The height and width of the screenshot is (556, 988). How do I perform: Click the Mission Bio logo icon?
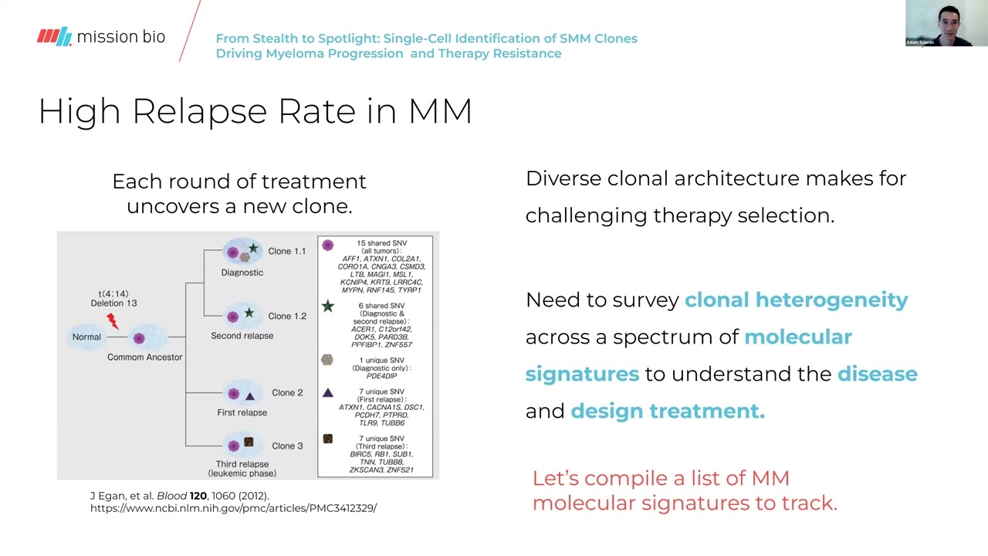click(54, 36)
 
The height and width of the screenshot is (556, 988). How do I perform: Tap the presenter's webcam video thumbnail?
click(946, 24)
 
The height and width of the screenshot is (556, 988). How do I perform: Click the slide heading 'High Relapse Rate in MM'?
click(255, 111)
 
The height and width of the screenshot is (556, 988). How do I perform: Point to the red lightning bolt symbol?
click(113, 320)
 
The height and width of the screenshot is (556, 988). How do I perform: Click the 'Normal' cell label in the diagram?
click(86, 337)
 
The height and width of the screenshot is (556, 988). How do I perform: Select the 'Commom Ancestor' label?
click(145, 357)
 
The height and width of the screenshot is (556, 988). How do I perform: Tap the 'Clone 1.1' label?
click(286, 251)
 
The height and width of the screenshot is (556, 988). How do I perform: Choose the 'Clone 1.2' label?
click(286, 316)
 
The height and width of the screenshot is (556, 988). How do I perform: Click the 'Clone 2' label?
click(287, 392)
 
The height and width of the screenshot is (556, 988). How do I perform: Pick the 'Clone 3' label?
click(287, 446)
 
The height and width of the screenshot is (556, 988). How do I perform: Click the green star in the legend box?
click(328, 307)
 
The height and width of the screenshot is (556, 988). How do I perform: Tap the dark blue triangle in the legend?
click(328, 392)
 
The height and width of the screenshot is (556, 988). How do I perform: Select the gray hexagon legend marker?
click(327, 360)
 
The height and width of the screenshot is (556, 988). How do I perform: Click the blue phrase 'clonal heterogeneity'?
click(796, 300)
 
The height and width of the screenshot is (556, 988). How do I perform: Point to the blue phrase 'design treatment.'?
click(667, 411)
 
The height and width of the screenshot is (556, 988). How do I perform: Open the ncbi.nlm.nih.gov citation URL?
click(233, 508)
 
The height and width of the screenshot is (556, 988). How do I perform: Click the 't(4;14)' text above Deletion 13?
click(113, 293)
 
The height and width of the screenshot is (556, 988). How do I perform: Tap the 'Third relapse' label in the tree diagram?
click(242, 464)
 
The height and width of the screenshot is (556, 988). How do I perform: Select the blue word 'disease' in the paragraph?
click(877, 374)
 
